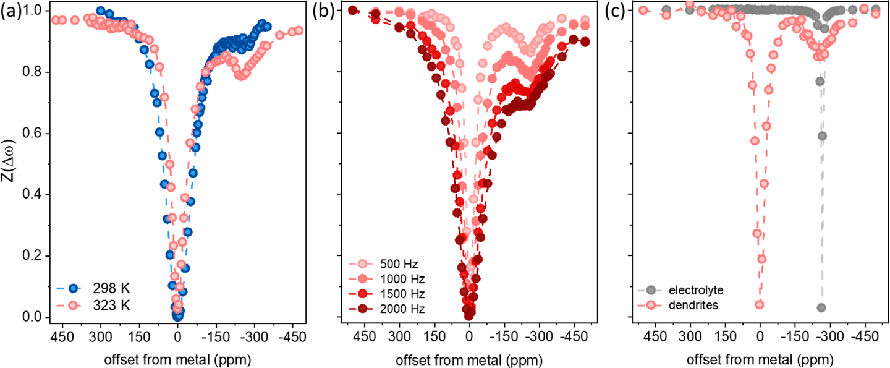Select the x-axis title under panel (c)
coord(760,359)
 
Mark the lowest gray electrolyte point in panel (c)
coord(821,307)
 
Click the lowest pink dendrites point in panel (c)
coord(759,304)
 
